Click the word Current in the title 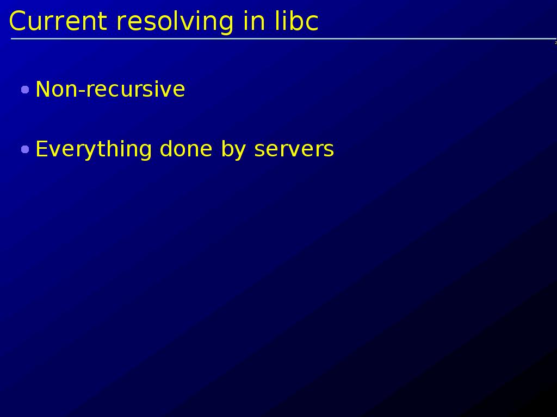click(x=58, y=21)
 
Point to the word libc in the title click(x=296, y=21)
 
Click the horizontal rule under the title click(x=283, y=39)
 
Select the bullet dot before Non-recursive click(x=25, y=90)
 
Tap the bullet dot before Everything click(x=25, y=149)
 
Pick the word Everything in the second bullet click(x=94, y=150)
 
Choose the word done click(x=186, y=149)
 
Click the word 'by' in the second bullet click(x=233, y=150)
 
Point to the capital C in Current click(x=18, y=21)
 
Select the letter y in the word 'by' click(x=240, y=153)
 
